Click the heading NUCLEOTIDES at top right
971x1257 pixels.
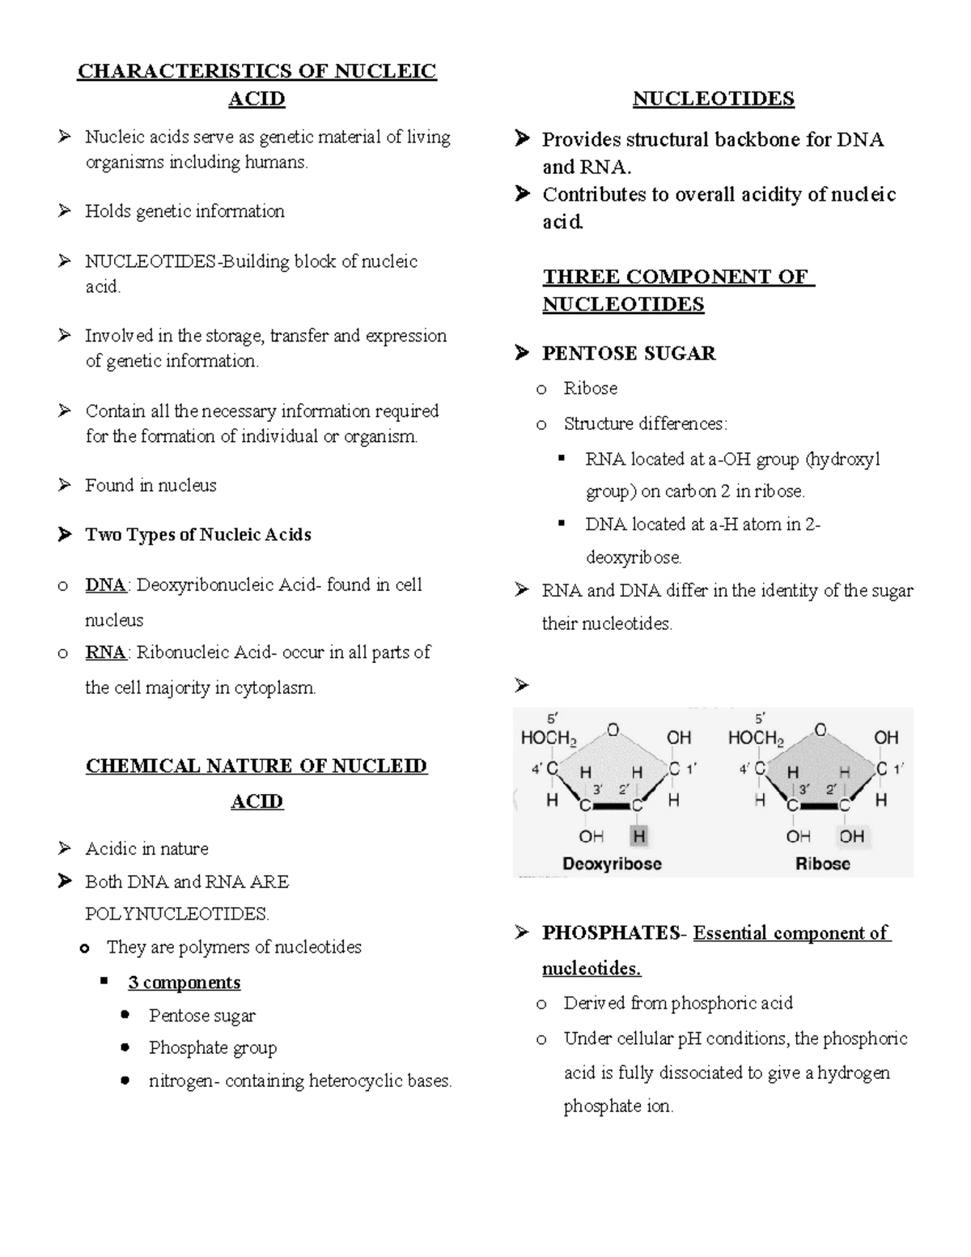click(713, 99)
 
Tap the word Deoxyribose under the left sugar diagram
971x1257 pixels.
click(612, 864)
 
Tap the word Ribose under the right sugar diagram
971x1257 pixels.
click(822, 864)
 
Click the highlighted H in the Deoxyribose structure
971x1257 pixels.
click(639, 836)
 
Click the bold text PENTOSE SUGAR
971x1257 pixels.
click(629, 354)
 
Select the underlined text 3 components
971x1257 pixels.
click(184, 983)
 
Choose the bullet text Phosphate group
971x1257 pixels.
click(212, 1048)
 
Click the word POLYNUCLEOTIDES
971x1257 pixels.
click(176, 915)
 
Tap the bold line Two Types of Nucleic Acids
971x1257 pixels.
click(197, 535)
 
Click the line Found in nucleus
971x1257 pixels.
click(151, 486)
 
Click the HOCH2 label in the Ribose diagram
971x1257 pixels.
click(756, 738)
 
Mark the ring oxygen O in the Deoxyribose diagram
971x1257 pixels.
click(613, 730)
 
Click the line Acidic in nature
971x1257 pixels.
click(146, 849)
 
